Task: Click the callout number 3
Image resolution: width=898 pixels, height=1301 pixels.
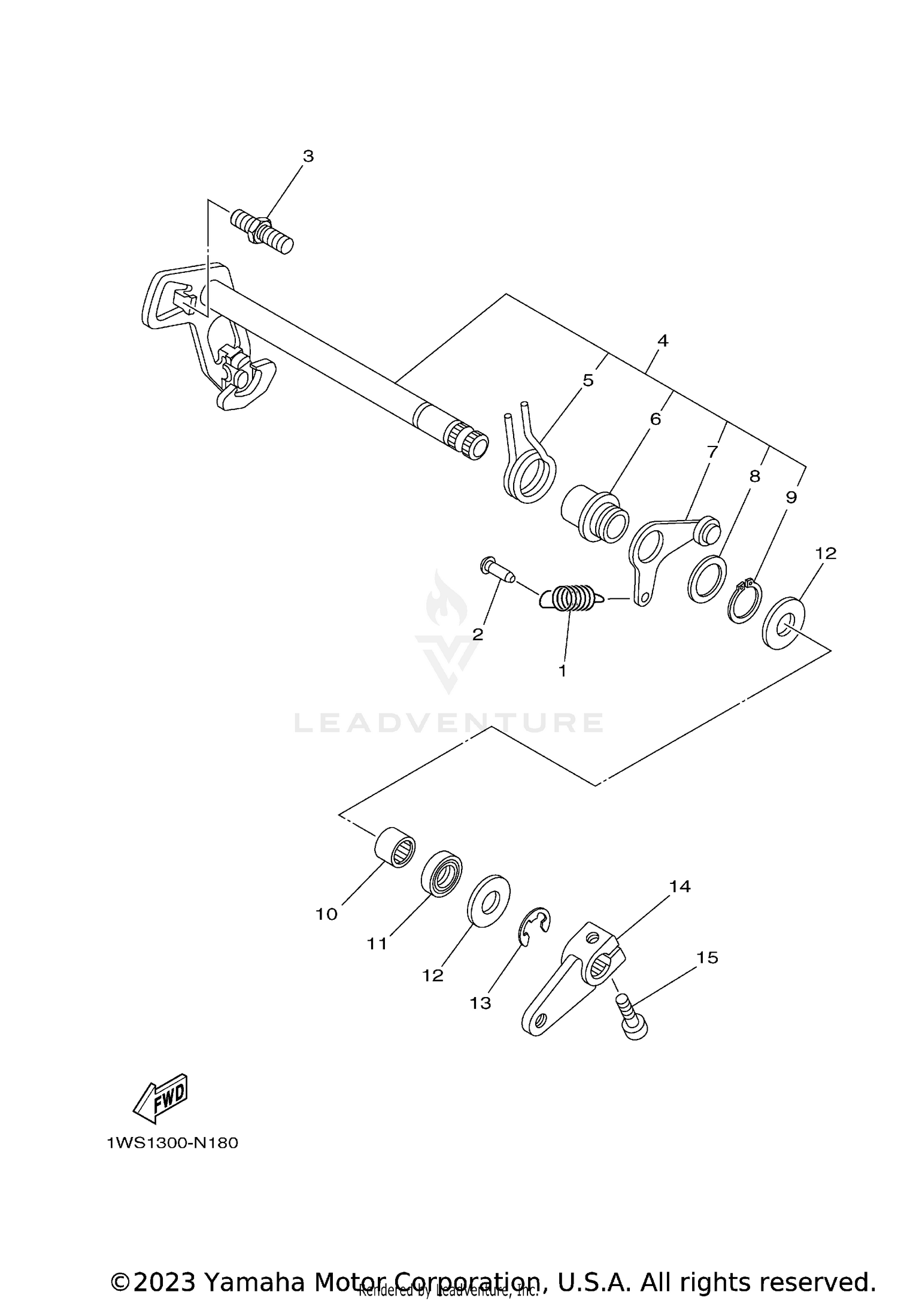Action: point(308,156)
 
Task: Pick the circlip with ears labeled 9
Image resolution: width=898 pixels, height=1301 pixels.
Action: point(745,603)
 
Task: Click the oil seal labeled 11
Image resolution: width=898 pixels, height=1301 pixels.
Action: point(442,873)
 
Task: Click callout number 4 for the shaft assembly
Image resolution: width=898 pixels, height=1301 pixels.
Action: point(662,341)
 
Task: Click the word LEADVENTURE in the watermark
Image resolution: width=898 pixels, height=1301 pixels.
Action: point(448,723)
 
